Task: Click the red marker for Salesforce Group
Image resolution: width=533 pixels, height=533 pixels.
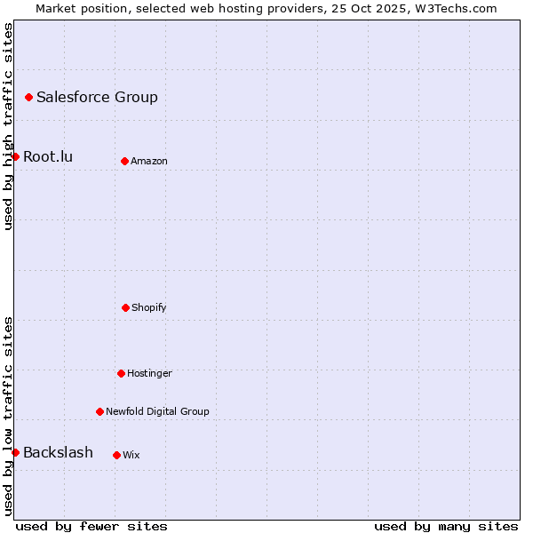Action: (28, 97)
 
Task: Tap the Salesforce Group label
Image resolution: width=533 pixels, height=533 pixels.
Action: (97, 98)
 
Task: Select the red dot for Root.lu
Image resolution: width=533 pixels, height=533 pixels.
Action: (15, 156)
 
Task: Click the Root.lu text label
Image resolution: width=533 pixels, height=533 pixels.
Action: (48, 157)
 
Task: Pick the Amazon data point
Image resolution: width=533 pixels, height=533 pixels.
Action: (124, 161)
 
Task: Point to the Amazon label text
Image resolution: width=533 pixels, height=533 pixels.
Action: (148, 162)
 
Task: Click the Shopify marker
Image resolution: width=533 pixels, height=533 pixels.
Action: (125, 307)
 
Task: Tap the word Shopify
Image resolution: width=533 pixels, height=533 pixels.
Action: (148, 308)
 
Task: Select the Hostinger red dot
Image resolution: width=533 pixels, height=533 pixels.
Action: (121, 373)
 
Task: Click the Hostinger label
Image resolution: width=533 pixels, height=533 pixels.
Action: (149, 374)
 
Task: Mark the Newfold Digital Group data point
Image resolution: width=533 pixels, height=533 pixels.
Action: (99, 411)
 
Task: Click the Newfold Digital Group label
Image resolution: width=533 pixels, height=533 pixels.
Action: (157, 412)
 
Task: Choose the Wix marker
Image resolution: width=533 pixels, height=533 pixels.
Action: (116, 455)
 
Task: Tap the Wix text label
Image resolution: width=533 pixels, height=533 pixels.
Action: (131, 456)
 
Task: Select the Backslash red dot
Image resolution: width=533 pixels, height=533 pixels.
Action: (15, 452)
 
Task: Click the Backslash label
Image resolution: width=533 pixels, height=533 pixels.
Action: (58, 453)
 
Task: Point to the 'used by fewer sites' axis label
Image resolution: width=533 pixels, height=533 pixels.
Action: (91, 526)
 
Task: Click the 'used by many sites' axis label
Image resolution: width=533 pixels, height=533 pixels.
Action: (446, 526)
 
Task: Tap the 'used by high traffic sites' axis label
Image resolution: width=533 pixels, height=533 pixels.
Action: (8, 126)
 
